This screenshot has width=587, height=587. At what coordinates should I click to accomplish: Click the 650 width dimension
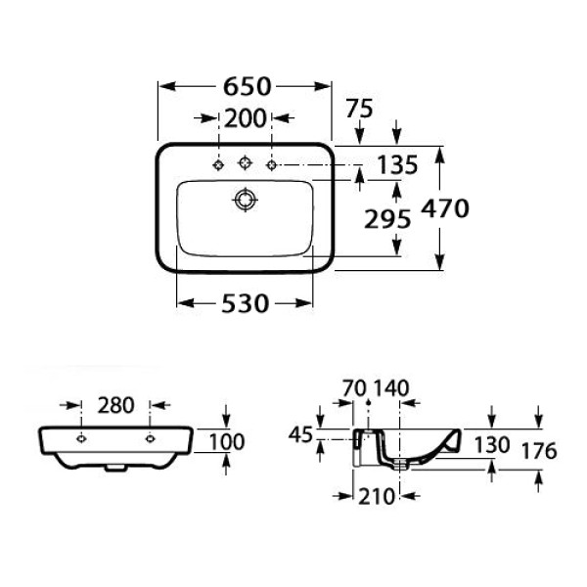[x=245, y=87]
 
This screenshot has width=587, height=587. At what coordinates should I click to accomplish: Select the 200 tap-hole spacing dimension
[x=245, y=119]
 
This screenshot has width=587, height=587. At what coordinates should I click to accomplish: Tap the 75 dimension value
[x=359, y=110]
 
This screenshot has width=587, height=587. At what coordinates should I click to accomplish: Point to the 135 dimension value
[x=393, y=162]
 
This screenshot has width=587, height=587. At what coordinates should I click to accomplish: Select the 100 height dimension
[x=226, y=442]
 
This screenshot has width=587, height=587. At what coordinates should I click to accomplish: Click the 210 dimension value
[x=376, y=496]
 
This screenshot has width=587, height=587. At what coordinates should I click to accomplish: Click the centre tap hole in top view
[x=245, y=162]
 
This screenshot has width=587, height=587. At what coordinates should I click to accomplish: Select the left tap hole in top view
[x=217, y=162]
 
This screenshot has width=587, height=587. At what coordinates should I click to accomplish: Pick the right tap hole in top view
[x=272, y=162]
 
